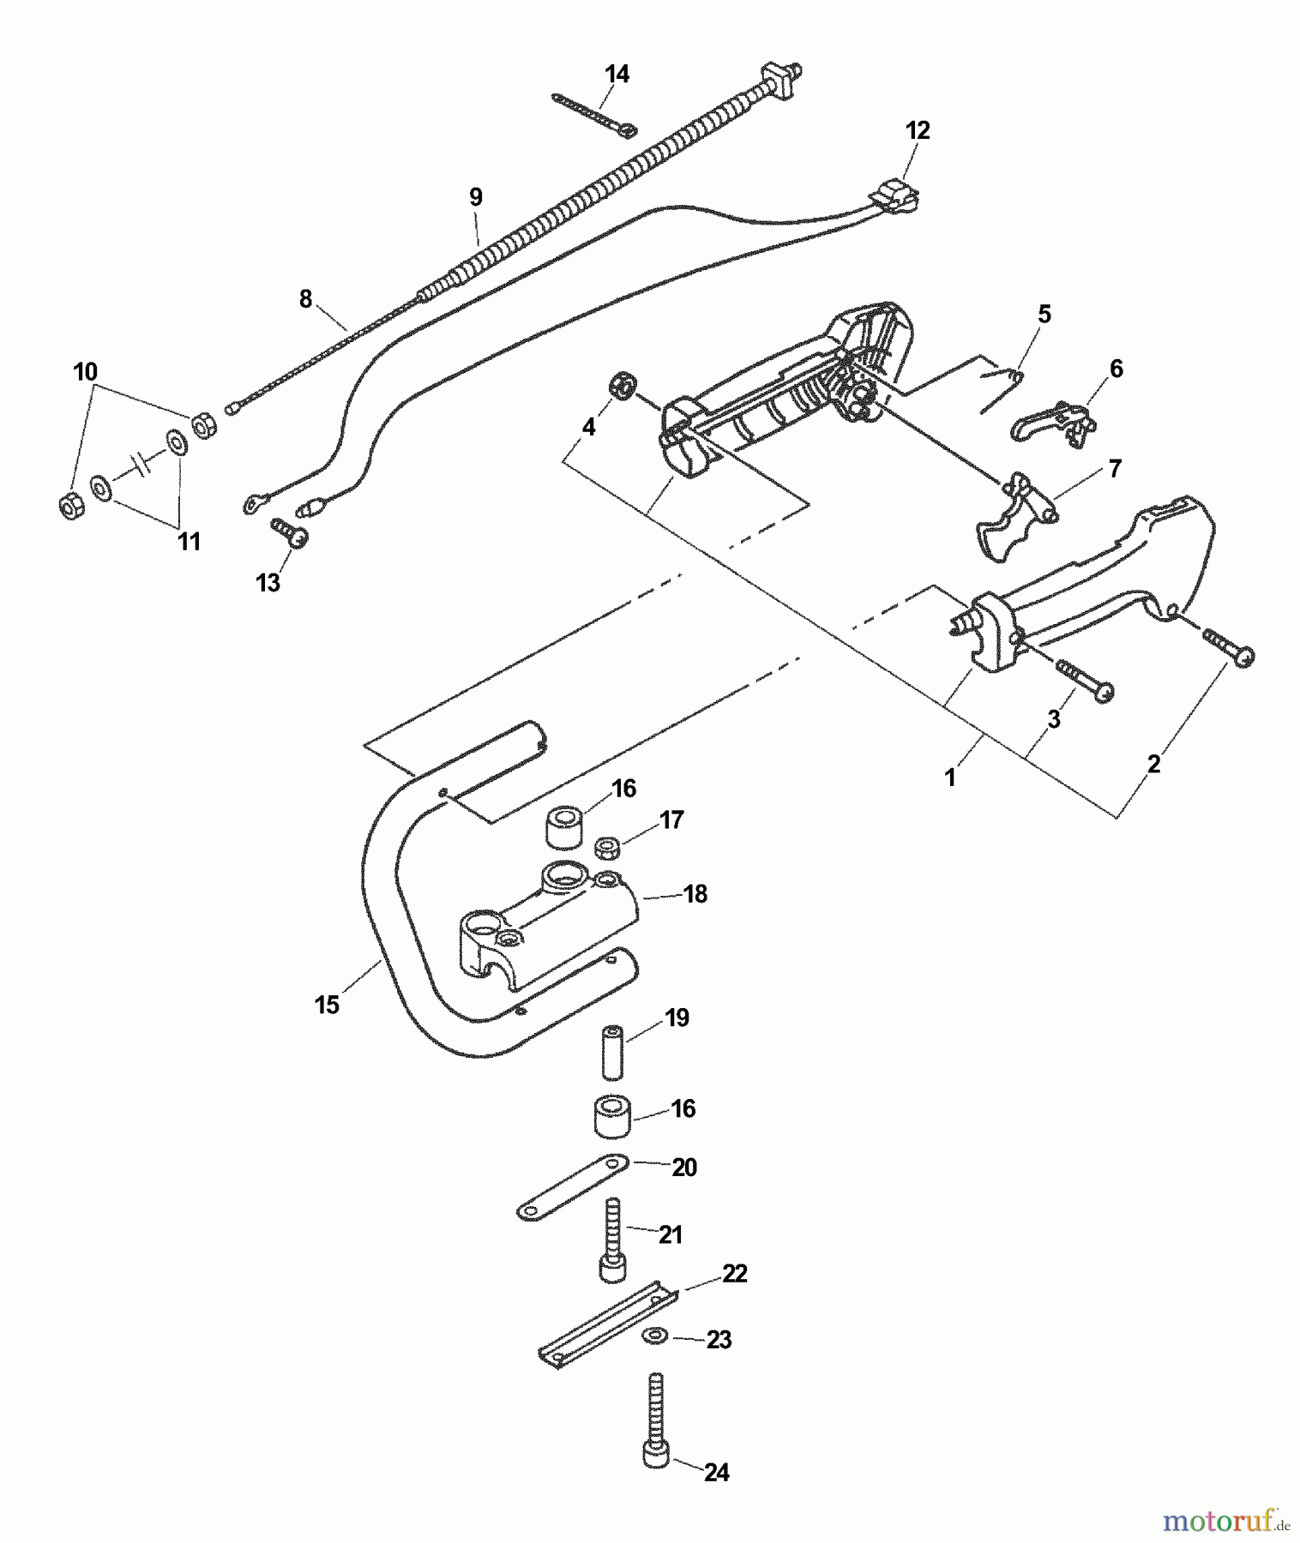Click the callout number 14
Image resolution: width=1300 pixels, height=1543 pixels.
[617, 75]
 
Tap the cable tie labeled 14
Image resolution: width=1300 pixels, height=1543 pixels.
[593, 112]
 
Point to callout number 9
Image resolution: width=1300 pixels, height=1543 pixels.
[476, 196]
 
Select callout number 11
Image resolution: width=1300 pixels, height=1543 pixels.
[189, 542]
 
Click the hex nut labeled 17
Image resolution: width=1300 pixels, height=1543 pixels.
[608, 848]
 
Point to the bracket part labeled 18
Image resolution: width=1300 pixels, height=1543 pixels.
[549, 930]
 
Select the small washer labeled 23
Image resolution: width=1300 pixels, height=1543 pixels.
[656, 1336]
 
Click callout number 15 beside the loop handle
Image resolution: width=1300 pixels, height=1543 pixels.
[327, 1004]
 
